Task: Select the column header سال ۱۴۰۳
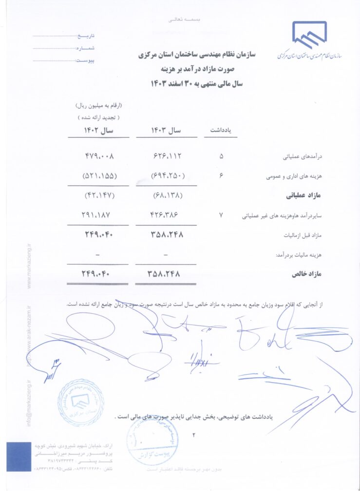point(167,131)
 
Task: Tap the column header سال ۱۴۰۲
point(100,131)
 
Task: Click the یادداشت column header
point(220,131)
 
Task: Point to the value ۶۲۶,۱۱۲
point(167,157)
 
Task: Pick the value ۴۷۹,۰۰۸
point(100,157)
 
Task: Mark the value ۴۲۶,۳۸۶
point(167,215)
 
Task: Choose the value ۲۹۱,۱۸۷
point(100,215)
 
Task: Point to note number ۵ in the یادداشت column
point(222,157)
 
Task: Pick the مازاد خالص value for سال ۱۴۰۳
point(164,274)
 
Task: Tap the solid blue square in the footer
point(18,457)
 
